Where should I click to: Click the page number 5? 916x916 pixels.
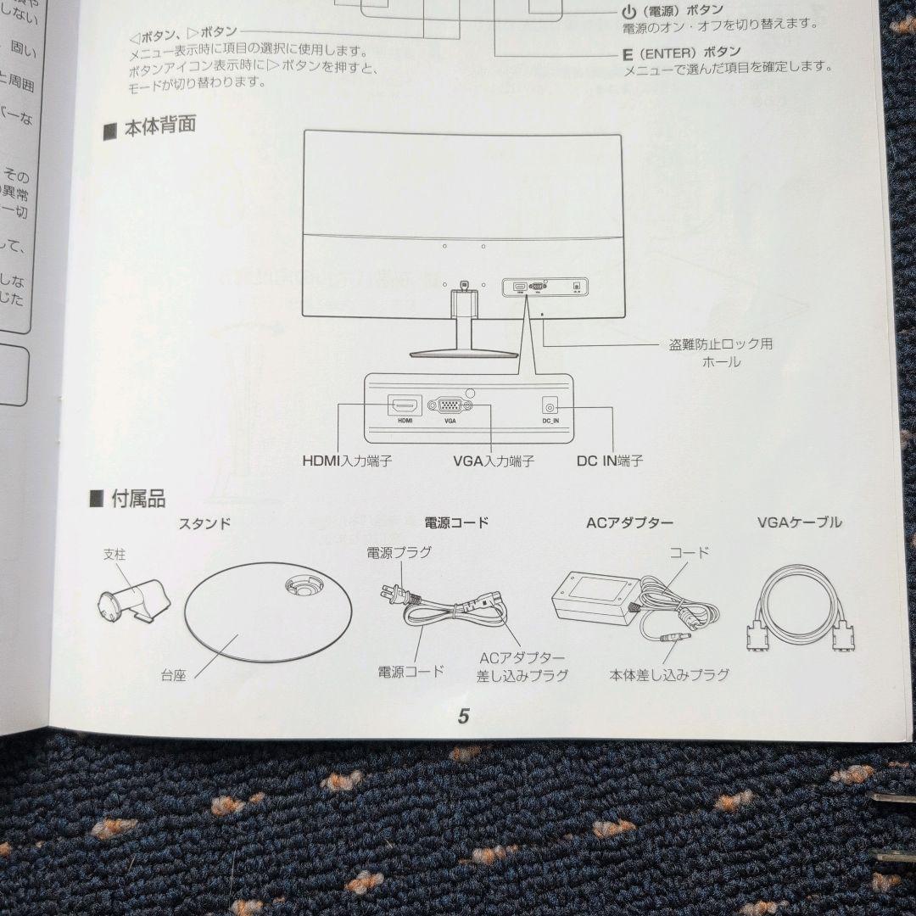463,716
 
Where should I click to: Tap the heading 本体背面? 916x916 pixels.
159,126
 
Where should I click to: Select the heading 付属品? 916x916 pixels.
138,499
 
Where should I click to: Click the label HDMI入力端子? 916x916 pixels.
347,461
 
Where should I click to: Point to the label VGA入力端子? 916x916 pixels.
494,461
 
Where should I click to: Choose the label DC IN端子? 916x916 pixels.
609,461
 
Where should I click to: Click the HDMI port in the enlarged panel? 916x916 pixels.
405,405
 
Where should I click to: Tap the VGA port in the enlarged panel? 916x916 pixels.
450,405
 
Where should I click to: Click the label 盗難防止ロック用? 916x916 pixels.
720,344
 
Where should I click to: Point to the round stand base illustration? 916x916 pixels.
267,614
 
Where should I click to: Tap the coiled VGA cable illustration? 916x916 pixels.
799,609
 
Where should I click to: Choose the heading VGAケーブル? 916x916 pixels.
799,522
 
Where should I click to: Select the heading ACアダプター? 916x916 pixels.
629,522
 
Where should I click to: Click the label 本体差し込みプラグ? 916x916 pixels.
669,675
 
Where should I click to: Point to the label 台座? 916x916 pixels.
173,676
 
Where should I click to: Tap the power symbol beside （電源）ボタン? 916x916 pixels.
628,12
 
